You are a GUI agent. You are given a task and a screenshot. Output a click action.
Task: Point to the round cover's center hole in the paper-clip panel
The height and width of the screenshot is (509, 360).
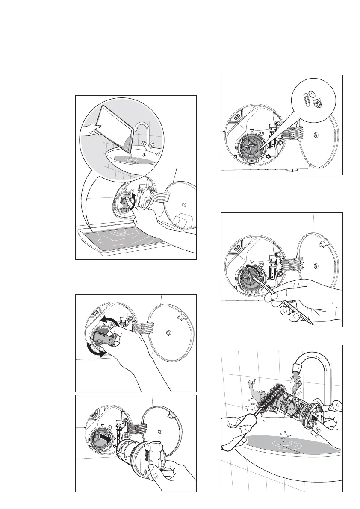pyautogui.click(x=315, y=135)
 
